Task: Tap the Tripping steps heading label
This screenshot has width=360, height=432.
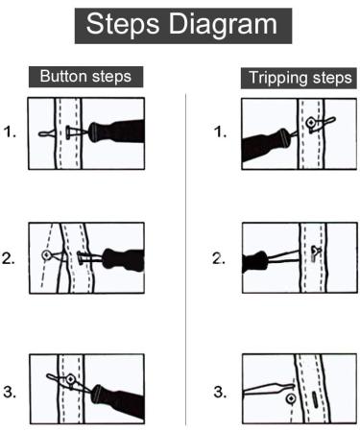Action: pos(299,78)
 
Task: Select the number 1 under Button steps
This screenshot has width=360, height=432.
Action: pos(11,133)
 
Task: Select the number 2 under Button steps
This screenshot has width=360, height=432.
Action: pos(11,258)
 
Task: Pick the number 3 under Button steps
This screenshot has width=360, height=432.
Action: pos(11,392)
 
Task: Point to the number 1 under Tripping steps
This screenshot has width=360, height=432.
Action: pos(221,133)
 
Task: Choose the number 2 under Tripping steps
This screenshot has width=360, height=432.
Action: pos(221,258)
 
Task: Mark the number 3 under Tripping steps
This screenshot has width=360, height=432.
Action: pos(221,392)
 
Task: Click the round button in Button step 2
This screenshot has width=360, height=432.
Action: pos(47,255)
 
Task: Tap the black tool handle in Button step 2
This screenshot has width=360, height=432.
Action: pos(119,259)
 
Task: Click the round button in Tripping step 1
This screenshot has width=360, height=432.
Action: pos(310,123)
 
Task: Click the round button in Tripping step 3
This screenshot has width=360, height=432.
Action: pos(291,396)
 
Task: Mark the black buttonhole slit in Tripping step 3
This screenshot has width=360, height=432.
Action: pos(314,392)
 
